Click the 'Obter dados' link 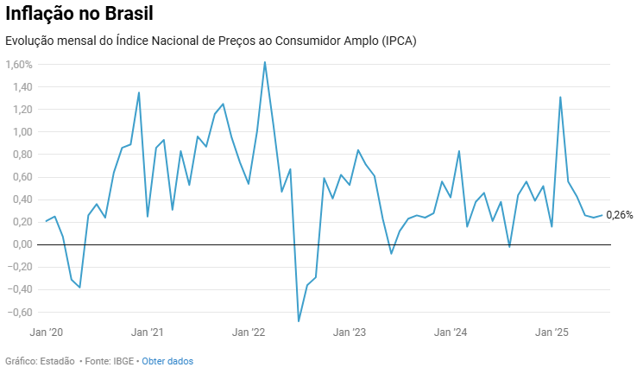(167, 361)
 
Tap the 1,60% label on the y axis (18, 65)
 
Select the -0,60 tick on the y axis (18, 312)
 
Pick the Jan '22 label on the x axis (249, 332)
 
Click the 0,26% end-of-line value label (619, 215)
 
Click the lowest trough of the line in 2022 (299, 321)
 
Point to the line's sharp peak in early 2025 (560, 97)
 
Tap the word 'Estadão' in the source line (54, 361)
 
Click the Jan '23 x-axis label (350, 332)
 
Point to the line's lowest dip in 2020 (80, 287)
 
